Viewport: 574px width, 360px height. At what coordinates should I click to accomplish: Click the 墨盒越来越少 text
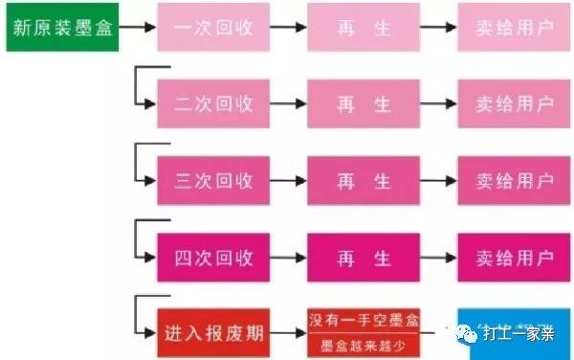coord(364,347)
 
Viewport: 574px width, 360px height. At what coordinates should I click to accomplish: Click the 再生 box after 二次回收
coord(364,103)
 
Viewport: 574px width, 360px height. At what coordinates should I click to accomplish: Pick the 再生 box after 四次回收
coord(364,257)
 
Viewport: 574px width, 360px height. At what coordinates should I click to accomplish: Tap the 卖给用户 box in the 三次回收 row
coord(514,180)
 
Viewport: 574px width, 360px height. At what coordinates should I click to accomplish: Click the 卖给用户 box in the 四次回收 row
coord(514,257)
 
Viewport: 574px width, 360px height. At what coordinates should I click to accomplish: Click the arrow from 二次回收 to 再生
coord(288,103)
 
